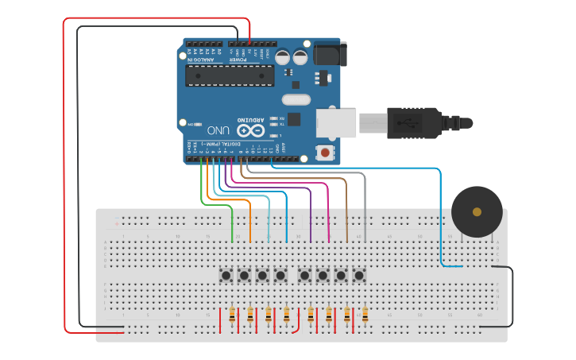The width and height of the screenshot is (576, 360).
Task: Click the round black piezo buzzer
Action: click(x=477, y=211)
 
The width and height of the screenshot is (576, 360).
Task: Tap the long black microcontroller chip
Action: click(x=230, y=75)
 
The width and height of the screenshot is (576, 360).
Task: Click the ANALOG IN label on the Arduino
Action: click(x=203, y=59)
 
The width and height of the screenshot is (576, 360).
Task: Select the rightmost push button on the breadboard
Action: click(x=359, y=275)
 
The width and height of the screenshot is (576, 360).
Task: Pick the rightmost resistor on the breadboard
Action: click(x=365, y=317)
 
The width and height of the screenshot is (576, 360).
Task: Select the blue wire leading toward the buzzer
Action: click(x=440, y=215)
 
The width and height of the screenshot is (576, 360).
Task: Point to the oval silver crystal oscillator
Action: click(x=296, y=100)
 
